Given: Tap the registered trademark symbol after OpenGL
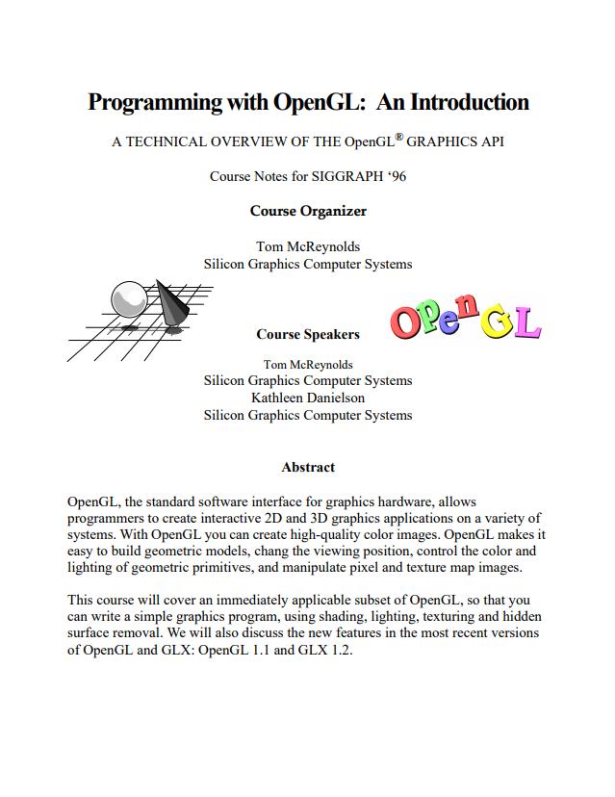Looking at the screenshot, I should pos(398,136).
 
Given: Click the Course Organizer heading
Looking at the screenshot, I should pos(308,211).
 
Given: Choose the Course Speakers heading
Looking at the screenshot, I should pos(308,334).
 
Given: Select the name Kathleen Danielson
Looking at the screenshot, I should pos(308,398).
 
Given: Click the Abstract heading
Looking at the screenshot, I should pos(308,467).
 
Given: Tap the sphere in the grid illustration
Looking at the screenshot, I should pos(127,297).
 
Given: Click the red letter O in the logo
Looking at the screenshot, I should pos(407,321).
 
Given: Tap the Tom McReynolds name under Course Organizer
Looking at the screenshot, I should pos(308,246).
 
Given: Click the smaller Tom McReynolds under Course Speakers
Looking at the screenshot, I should pos(308,364).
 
